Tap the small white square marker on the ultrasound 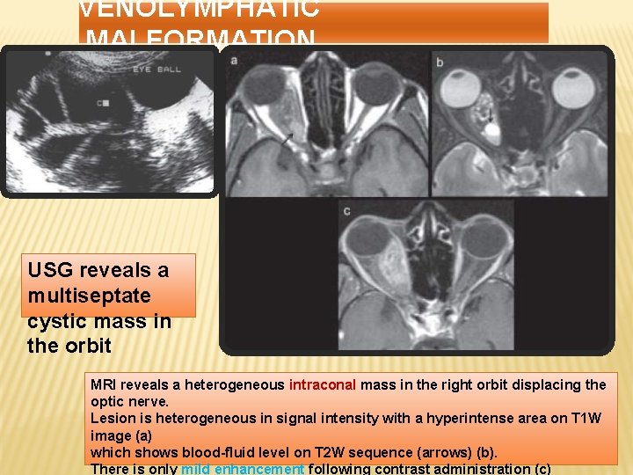pyautogui.click(x=105, y=103)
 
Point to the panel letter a pyautogui.click(x=234, y=61)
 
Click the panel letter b pyautogui.click(x=439, y=61)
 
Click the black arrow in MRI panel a pyautogui.click(x=287, y=139)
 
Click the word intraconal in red pyautogui.click(x=322, y=384)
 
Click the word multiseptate pyautogui.click(x=89, y=295)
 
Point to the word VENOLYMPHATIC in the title pyautogui.click(x=199, y=10)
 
